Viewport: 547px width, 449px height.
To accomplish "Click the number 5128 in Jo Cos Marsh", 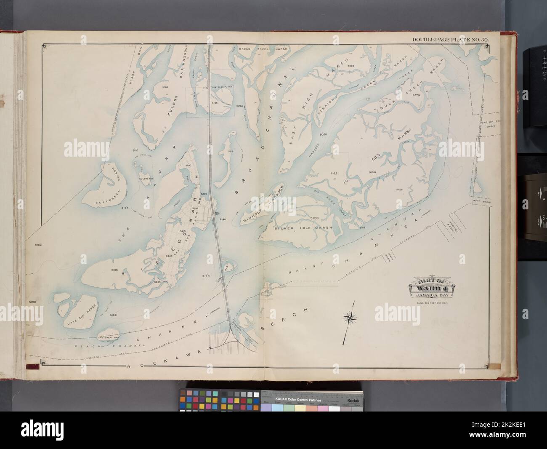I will pos(399,190).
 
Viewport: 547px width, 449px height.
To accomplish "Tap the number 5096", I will pos(323,134).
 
